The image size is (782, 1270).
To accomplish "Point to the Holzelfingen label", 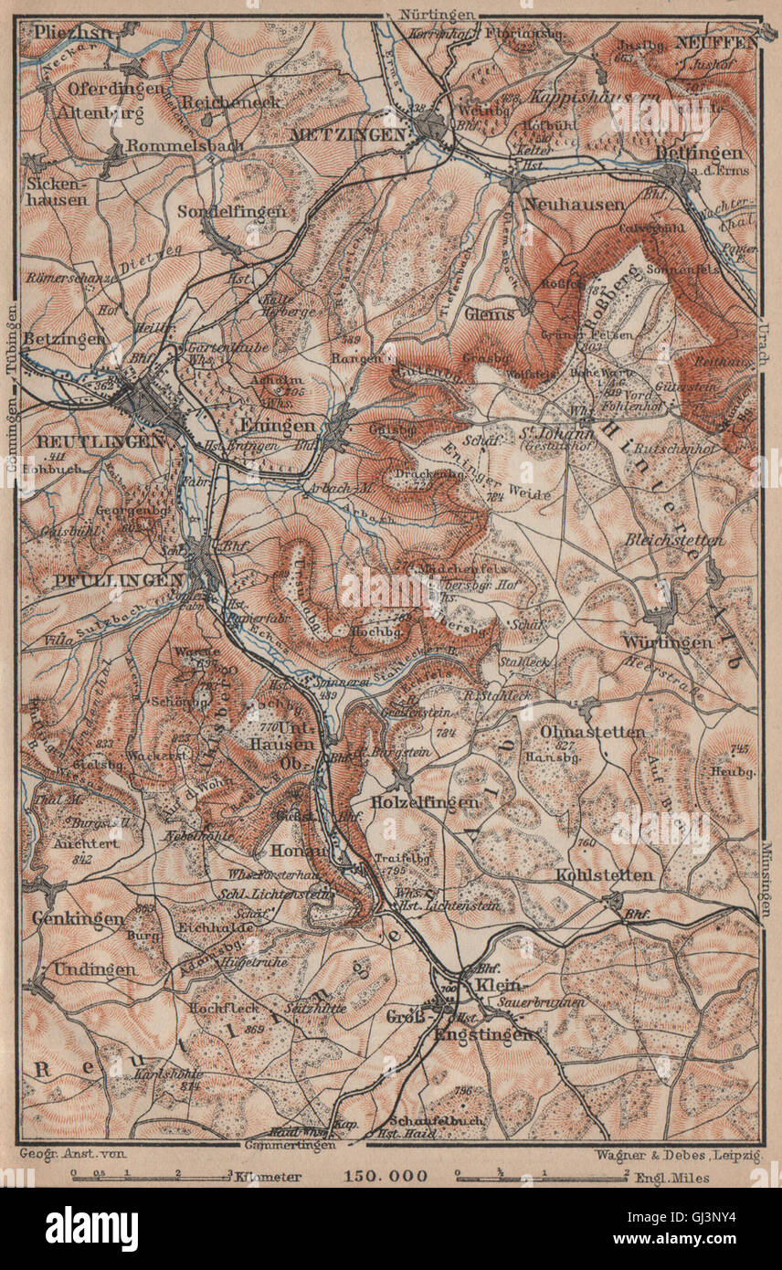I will [x=426, y=801].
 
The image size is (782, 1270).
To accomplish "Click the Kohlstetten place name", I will [x=605, y=875].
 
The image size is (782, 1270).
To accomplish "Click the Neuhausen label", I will [x=561, y=204].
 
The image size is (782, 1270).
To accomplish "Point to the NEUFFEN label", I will [x=716, y=42].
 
